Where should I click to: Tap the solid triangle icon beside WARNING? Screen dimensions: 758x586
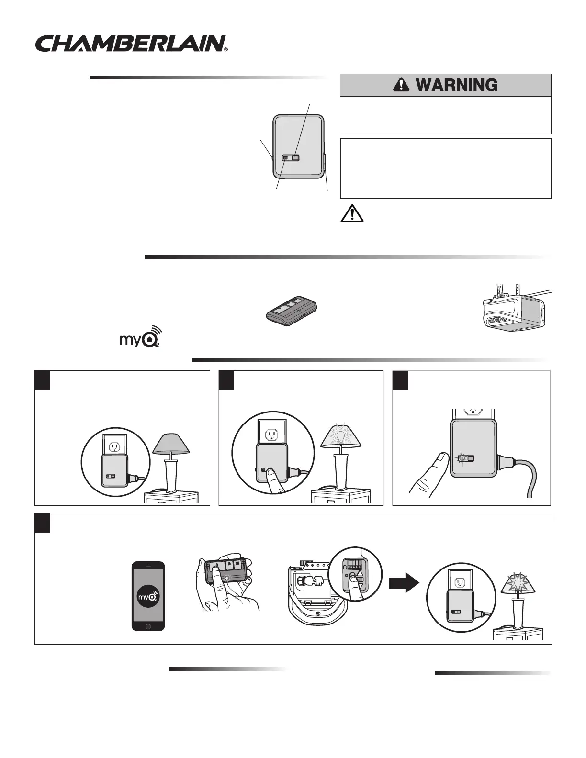click(398, 86)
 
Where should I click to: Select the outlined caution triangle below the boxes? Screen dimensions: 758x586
click(352, 212)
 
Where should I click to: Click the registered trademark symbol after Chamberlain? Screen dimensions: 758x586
click(225, 49)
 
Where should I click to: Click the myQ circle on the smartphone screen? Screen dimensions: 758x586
click(148, 597)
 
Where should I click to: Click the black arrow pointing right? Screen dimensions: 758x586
click(405, 584)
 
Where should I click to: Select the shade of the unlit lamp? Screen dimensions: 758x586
click(171, 444)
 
